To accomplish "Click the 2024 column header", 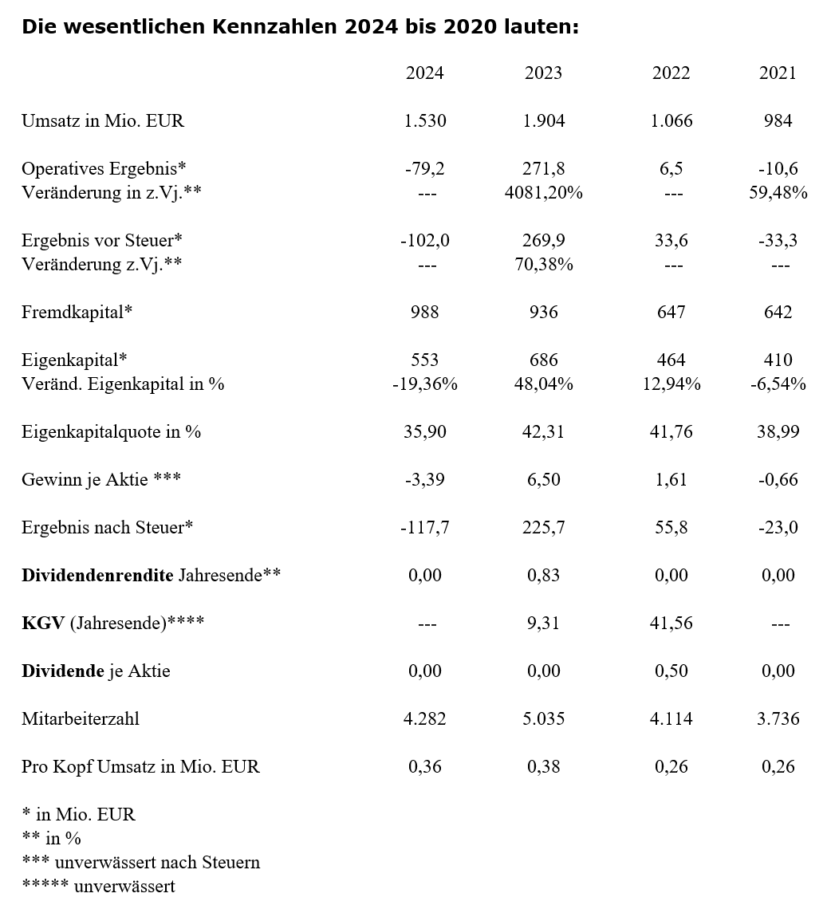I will point(424,73).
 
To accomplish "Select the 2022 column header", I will point(671,73).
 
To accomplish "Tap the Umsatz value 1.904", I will point(544,121).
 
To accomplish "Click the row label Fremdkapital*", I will point(77,312).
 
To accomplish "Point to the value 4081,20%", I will point(544,193).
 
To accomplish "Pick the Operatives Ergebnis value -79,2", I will point(424,169).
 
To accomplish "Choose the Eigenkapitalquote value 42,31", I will point(544,432).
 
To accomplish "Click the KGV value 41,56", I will point(671,624).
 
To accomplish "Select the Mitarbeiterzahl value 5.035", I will point(544,719).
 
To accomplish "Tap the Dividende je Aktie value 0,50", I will point(671,671).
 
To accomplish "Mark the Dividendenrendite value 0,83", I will point(544,576).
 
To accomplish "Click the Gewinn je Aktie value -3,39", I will point(424,480).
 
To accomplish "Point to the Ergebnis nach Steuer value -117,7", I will point(424,528).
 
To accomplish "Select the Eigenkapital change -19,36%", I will point(424,384).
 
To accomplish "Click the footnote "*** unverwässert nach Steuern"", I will point(140,863).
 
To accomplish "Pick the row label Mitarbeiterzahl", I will point(81,719).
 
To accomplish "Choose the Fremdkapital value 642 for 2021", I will point(778,312).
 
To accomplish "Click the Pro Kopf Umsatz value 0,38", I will point(544,767).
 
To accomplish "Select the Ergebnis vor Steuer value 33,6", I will point(671,241).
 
